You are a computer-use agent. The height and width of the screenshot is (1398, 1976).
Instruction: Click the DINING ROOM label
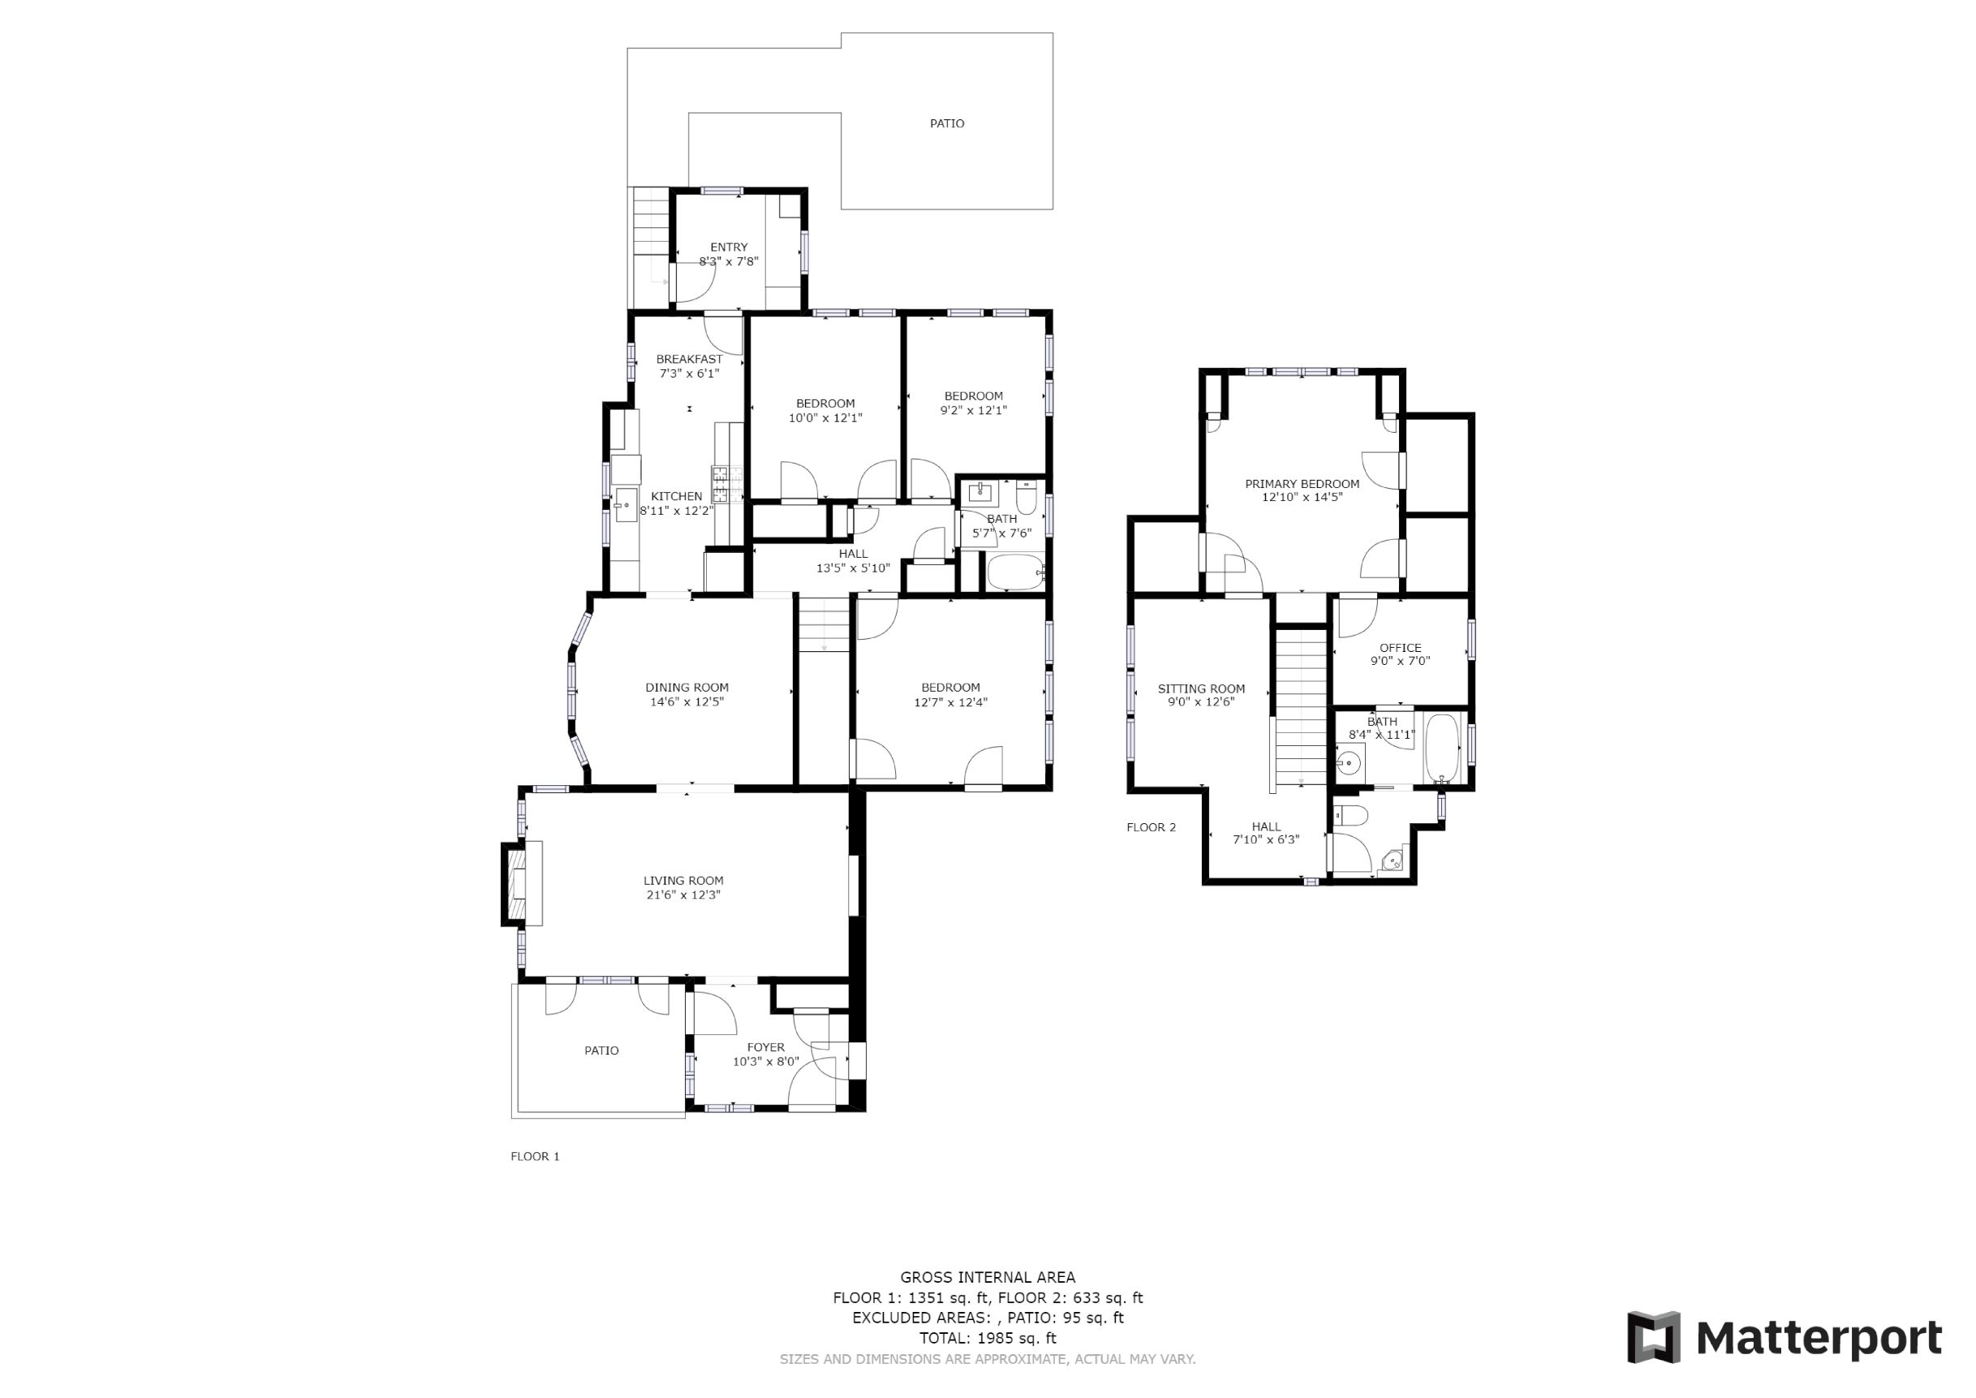[687, 687]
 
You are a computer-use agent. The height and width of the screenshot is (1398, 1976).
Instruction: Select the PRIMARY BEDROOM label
[1302, 484]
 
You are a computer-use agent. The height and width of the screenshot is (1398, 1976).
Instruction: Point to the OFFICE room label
[1400, 648]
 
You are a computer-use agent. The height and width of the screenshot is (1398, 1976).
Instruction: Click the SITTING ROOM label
[1202, 688]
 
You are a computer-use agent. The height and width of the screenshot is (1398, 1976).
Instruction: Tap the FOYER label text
[766, 1047]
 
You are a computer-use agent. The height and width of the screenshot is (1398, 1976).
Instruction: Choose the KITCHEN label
[677, 496]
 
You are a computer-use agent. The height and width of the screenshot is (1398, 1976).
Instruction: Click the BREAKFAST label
[689, 359]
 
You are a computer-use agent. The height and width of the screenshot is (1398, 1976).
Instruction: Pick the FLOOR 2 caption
[1151, 827]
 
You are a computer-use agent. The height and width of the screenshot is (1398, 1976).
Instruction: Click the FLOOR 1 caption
[536, 1156]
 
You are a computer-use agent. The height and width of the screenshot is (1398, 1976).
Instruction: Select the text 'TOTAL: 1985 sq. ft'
[988, 1338]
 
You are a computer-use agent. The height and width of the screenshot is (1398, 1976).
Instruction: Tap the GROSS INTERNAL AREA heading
[988, 1278]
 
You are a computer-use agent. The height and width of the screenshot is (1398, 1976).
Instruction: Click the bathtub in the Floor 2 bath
[1442, 747]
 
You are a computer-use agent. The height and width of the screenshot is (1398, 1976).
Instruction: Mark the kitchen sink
[626, 506]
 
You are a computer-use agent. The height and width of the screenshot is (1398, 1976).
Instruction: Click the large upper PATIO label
[947, 123]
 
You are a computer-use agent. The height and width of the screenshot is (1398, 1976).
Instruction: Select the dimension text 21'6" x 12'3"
[683, 895]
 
